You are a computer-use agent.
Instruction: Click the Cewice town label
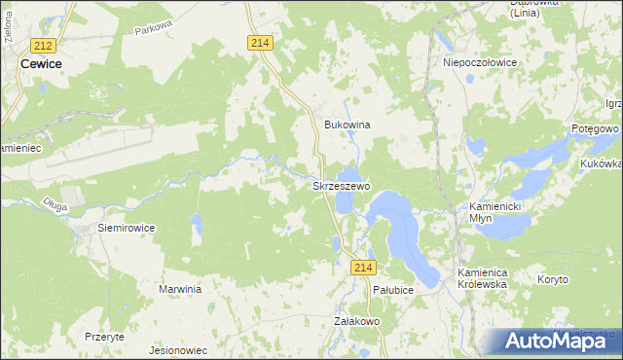pos(40,64)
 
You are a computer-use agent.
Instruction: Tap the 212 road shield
pos(42,45)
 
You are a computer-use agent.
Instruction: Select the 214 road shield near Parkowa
pos(259,43)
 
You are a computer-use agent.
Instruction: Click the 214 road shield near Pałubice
pos(364,268)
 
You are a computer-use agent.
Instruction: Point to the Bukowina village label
pos(348,126)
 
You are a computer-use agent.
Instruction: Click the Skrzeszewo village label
pos(340,185)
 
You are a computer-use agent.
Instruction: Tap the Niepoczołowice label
pos(479,61)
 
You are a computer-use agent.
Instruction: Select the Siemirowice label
pos(126,227)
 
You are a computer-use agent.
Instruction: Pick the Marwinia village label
pos(179,289)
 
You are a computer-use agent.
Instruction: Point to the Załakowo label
pos(356,320)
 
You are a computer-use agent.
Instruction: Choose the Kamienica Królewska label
pos(484,279)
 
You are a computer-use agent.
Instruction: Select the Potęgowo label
pos(595,128)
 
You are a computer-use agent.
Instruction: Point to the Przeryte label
pos(104,336)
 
